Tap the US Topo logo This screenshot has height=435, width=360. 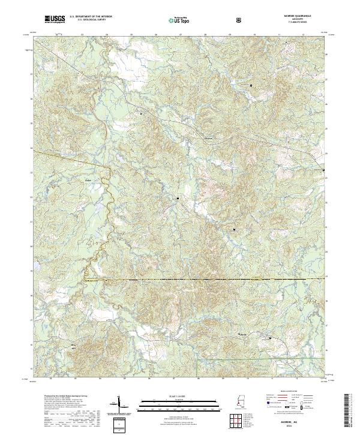[x=177, y=20]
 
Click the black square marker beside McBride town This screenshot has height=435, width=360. [x=270, y=338]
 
